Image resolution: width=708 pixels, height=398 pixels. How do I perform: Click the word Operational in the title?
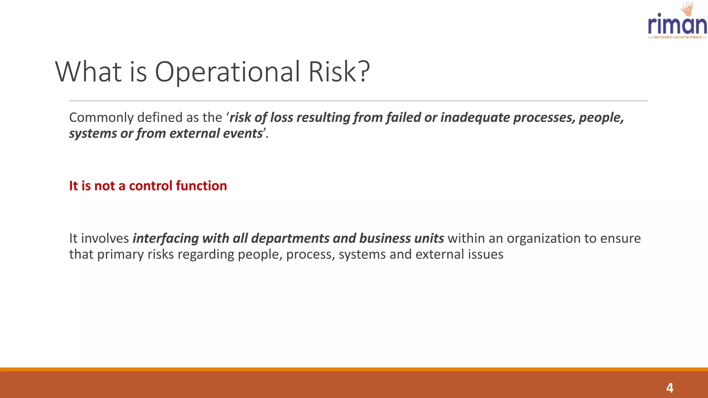click(227, 72)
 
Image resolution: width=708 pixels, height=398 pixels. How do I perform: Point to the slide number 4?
click(670, 388)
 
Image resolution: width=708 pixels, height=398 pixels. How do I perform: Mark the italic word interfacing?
click(166, 239)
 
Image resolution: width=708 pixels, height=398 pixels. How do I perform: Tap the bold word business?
click(385, 239)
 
